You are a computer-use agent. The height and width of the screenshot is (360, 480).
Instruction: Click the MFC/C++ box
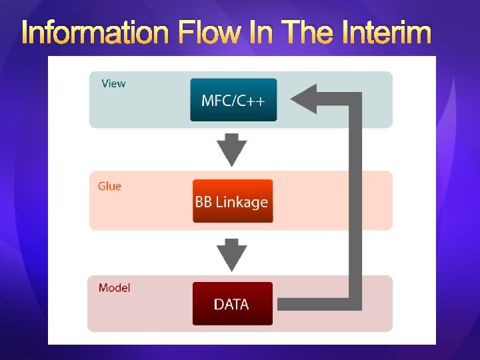click(x=233, y=100)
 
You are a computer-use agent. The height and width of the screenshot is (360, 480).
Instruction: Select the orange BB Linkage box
click(x=233, y=201)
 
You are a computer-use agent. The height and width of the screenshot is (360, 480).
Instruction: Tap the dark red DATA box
click(x=232, y=304)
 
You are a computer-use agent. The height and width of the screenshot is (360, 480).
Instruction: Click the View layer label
click(x=113, y=83)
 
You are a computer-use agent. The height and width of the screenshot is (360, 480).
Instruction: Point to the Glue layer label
click(x=109, y=186)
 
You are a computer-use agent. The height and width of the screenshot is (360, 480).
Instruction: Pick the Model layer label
click(x=114, y=288)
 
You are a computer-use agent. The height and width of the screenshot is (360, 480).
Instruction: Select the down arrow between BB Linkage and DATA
click(x=233, y=254)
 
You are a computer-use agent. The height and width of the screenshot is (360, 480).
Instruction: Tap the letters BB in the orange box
click(x=204, y=201)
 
